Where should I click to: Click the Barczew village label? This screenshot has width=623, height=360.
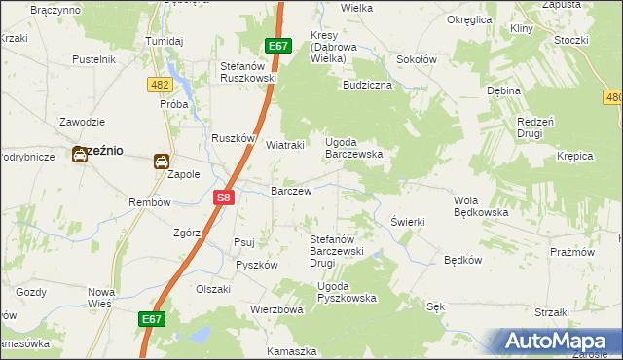tap(290, 192)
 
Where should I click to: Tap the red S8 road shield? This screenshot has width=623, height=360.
tap(224, 198)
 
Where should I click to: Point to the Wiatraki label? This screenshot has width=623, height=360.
tap(285, 145)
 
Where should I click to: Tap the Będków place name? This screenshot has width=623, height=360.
tap(462, 260)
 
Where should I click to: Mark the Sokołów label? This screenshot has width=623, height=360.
tap(416, 59)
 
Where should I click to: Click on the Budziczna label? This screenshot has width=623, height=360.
tap(367, 85)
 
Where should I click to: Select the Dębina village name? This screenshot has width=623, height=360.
tap(503, 90)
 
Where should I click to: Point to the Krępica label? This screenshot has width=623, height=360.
tap(575, 156)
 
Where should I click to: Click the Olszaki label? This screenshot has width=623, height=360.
tap(213, 289)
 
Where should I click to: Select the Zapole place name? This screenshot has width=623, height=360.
tap(184, 175)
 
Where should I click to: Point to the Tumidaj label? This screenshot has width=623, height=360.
tap(165, 42)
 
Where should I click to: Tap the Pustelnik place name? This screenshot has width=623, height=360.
tap(94, 59)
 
